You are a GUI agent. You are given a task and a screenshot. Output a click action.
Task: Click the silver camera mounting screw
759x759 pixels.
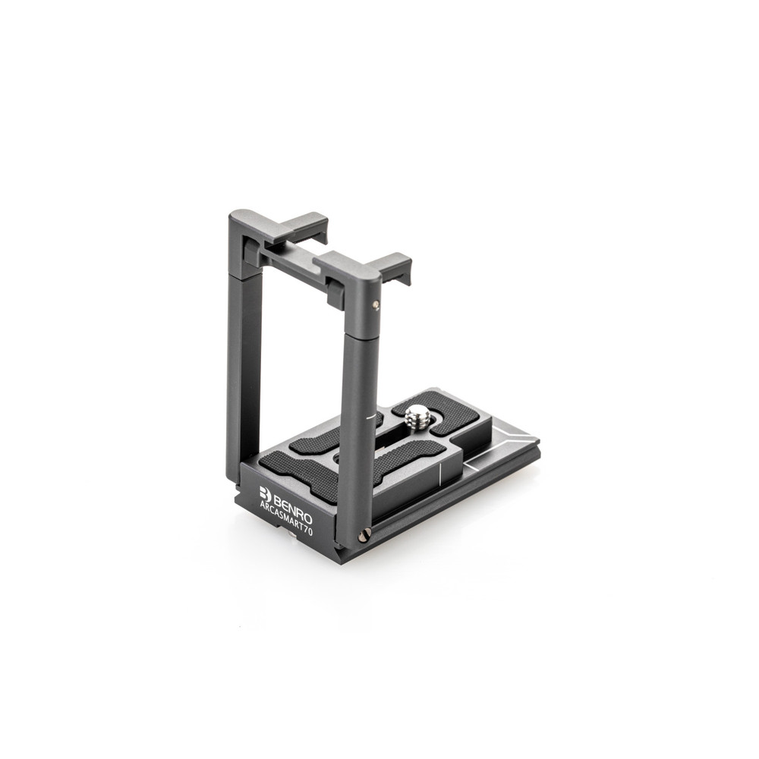417,415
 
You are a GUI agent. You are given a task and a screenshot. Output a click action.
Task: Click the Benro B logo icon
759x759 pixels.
265,493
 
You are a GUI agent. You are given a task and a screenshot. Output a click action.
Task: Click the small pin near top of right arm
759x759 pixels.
376,304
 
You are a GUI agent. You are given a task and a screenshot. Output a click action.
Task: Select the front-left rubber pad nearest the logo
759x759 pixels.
300,473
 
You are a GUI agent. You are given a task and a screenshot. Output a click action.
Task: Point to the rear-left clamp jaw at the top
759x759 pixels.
304,225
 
